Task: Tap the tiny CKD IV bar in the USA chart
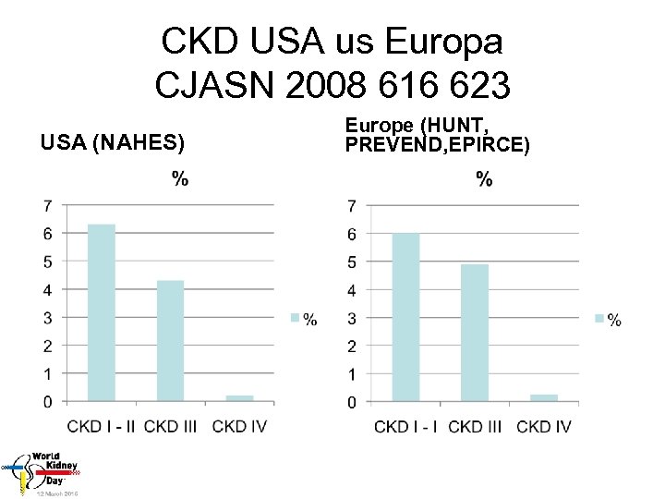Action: [239, 398]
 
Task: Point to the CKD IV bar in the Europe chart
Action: [544, 398]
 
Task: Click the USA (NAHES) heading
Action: [113, 142]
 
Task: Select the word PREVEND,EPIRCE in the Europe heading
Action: [437, 144]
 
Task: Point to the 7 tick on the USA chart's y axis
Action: [47, 205]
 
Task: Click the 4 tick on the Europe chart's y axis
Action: [351, 290]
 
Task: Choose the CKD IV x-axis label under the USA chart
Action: [242, 426]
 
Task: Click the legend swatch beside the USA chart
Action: [296, 318]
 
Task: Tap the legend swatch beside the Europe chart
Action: [600, 319]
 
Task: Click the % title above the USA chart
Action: [180, 178]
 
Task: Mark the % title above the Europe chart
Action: [484, 179]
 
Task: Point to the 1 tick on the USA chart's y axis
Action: [47, 373]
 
